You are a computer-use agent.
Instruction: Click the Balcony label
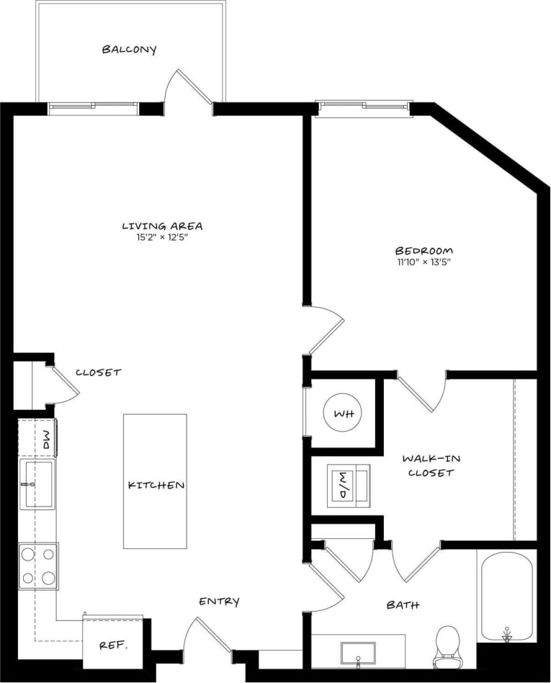(129, 50)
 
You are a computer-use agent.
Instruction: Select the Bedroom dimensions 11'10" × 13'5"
(424, 262)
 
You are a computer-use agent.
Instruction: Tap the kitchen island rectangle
(155, 481)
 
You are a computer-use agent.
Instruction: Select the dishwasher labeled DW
(46, 439)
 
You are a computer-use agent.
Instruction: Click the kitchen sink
(36, 483)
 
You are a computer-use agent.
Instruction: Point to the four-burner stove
(38, 566)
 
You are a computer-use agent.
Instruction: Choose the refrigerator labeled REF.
(112, 643)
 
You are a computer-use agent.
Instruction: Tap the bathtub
(506, 597)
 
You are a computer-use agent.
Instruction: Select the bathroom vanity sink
(358, 651)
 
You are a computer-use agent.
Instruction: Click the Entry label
(219, 602)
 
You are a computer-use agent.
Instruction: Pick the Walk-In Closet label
(431, 465)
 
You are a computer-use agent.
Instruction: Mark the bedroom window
(364, 109)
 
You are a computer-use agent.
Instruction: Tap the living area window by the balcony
(93, 109)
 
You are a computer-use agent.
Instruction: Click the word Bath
(403, 605)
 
